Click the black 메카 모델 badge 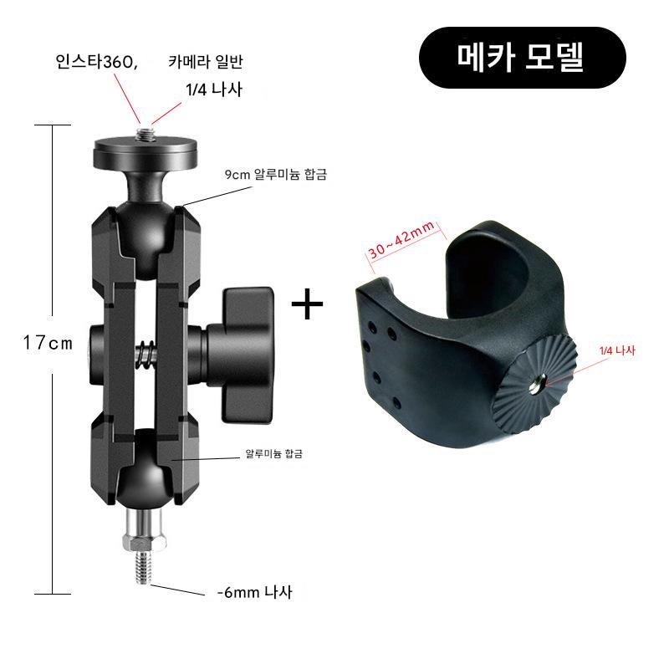coord(522,58)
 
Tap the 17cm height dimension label coord(48,343)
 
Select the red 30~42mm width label coord(401,239)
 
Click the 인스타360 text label coord(96,62)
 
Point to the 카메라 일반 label coord(206,62)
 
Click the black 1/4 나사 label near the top coord(214,89)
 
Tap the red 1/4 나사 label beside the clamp coord(617,350)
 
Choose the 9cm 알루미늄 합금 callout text coord(276,174)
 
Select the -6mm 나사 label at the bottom coord(255,592)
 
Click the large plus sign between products coord(307,304)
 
